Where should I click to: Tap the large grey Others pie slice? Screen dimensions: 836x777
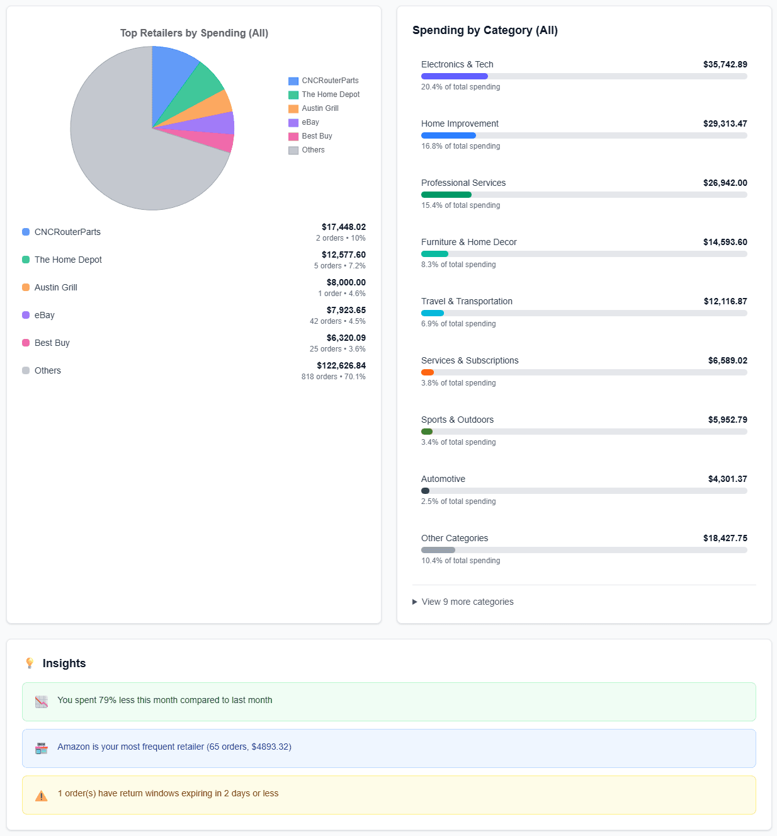click(x=126, y=151)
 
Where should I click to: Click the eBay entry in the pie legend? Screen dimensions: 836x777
click(x=310, y=122)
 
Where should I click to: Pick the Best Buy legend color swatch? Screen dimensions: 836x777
click(x=293, y=137)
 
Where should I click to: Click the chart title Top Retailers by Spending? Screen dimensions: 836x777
click(x=194, y=33)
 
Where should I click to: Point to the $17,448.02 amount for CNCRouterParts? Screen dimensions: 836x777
click(x=343, y=227)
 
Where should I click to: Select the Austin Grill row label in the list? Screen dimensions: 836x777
click(x=55, y=287)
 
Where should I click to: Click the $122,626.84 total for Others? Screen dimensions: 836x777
click(x=341, y=365)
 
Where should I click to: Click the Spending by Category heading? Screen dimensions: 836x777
click(x=485, y=30)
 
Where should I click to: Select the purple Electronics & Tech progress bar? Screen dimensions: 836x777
click(x=454, y=76)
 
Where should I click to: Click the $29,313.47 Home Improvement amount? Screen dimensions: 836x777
click(x=725, y=123)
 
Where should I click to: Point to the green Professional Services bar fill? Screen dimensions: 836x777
click(x=446, y=195)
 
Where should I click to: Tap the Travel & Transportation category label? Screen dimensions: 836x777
click(x=467, y=301)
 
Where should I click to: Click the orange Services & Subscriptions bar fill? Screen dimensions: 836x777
click(x=428, y=372)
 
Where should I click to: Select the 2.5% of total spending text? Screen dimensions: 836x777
click(x=458, y=501)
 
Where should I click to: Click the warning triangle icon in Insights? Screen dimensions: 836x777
click(x=42, y=795)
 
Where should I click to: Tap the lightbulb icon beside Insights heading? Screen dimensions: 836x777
click(x=30, y=663)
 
